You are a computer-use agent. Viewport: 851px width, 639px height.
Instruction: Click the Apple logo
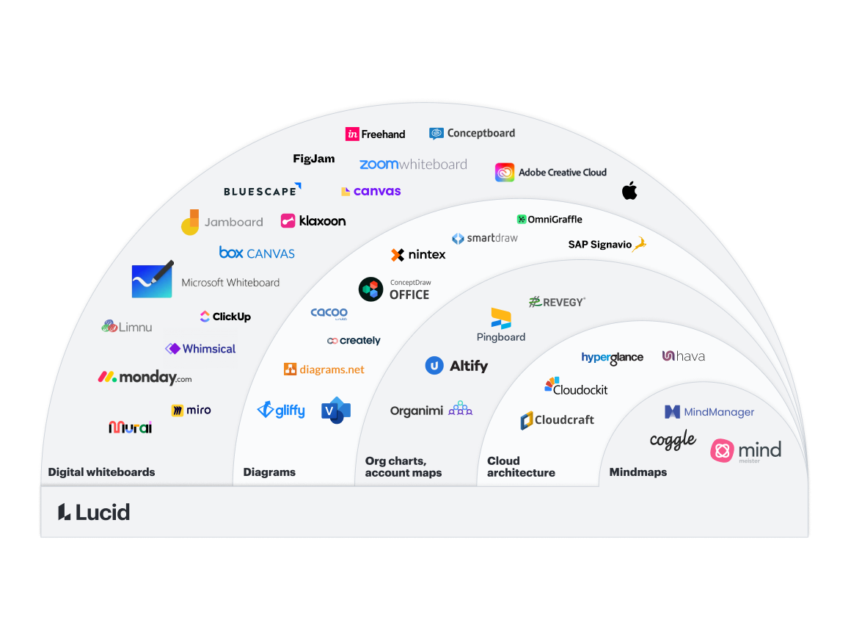coord(629,191)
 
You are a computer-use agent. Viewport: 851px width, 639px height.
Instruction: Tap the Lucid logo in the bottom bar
coord(94,512)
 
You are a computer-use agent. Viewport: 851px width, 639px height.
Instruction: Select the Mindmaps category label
coord(638,472)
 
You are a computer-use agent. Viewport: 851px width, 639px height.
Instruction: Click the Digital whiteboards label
coord(101,472)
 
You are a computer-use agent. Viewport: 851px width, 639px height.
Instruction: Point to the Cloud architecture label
coord(521,467)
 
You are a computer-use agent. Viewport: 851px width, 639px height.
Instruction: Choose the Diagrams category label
coord(269,472)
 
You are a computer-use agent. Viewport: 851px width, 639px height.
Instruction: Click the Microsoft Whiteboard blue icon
coord(152,281)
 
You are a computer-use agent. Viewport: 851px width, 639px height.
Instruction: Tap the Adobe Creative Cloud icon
coord(505,173)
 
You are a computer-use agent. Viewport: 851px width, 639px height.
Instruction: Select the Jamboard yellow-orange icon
coord(190,222)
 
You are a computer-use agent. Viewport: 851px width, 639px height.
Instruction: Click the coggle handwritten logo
coord(673,441)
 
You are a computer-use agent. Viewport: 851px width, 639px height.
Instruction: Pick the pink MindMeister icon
coord(723,450)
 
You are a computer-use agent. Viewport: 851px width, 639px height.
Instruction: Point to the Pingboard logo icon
coord(501,318)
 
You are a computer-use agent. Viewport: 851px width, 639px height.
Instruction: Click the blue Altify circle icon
coord(434,365)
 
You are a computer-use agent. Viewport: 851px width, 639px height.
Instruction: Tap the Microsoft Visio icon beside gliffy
coord(336,411)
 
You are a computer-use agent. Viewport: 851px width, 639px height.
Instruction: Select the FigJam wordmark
coord(313,159)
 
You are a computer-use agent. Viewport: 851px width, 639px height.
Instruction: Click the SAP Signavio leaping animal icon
coord(640,244)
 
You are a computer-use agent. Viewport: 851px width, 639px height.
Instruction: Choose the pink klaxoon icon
coord(288,220)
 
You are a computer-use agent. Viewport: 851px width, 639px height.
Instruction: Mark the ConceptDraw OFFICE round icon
coord(370,289)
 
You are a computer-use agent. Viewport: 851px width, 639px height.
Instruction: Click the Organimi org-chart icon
coord(460,408)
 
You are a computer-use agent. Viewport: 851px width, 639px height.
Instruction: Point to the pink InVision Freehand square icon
coord(352,134)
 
